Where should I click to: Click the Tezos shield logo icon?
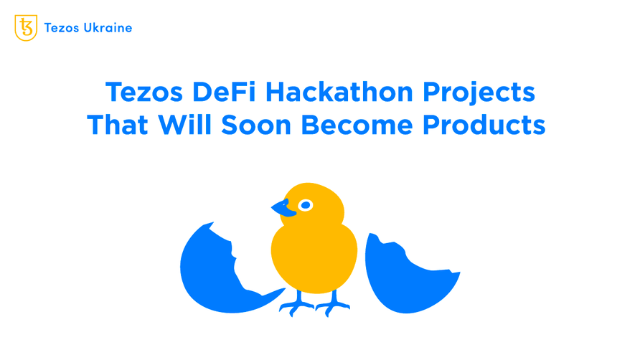tap(26, 28)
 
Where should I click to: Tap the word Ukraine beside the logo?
tap(107, 28)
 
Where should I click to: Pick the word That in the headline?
tap(118, 125)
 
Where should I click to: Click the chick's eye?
tap(306, 205)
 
